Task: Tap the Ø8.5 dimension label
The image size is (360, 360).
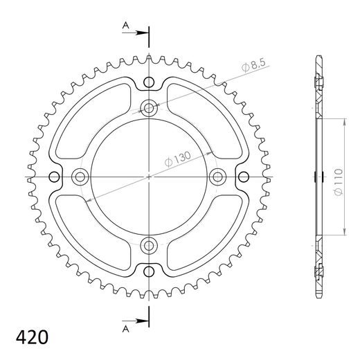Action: [x=255, y=66]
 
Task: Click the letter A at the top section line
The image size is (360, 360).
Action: [x=125, y=25]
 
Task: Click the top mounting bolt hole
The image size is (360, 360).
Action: [x=150, y=108]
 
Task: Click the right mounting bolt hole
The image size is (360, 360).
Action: [x=217, y=177]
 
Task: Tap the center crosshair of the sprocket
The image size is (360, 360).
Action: [x=150, y=177]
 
